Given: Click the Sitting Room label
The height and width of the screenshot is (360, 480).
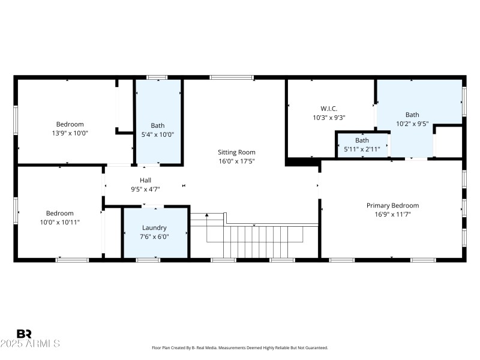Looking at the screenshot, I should coord(236,152).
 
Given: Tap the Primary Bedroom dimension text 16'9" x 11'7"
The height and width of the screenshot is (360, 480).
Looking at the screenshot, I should coord(392,214).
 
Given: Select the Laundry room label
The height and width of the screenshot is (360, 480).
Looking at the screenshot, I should coord(154,227).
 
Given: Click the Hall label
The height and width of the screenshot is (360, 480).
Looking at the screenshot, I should coord(146,179).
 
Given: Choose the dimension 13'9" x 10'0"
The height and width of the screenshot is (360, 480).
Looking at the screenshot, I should coord(70,133).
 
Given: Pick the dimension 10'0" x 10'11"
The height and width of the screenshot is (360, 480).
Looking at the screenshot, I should coord(60,222).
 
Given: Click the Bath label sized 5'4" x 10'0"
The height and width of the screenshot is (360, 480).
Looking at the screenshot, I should coord(158,125).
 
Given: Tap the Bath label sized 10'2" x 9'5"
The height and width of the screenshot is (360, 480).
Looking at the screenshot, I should coord(412,115).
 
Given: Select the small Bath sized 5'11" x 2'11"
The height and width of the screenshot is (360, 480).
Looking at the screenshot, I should coord(362,140).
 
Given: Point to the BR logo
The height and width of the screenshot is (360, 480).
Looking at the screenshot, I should coord(24,334).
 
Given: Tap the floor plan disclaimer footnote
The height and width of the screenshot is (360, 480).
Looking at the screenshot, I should coord(239,348).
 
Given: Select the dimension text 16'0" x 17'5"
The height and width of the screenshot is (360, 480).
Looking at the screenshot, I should coord(236,161).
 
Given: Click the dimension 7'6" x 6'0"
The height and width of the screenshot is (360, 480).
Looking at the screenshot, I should coord(154,236).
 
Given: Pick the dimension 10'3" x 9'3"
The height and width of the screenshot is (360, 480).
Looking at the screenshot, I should coord(329,118).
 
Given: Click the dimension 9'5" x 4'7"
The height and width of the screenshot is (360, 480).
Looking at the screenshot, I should coord(146,188).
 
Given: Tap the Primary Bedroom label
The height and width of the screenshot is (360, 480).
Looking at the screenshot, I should coord(392,205).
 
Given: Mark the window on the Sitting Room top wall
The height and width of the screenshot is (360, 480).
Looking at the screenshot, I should coord(232,77).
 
